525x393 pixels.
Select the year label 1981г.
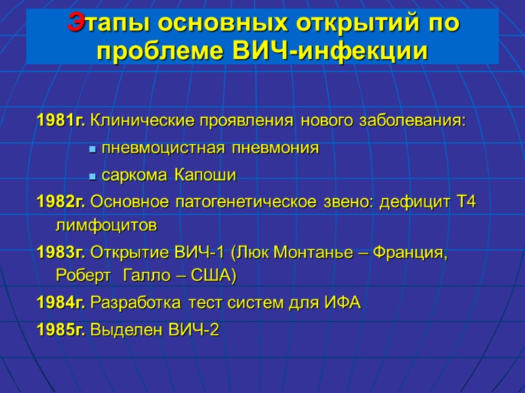pos(61,121)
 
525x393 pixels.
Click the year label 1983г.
pos(61,253)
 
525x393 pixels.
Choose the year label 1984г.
pos(61,303)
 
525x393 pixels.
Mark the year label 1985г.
pos(61,330)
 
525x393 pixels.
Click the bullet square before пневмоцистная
pos(93,150)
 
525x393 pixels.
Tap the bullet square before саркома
pos(93,177)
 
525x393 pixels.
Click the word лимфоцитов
pos(107,227)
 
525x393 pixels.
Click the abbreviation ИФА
pos(341,303)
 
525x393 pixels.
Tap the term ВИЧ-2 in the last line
pos(194,330)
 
